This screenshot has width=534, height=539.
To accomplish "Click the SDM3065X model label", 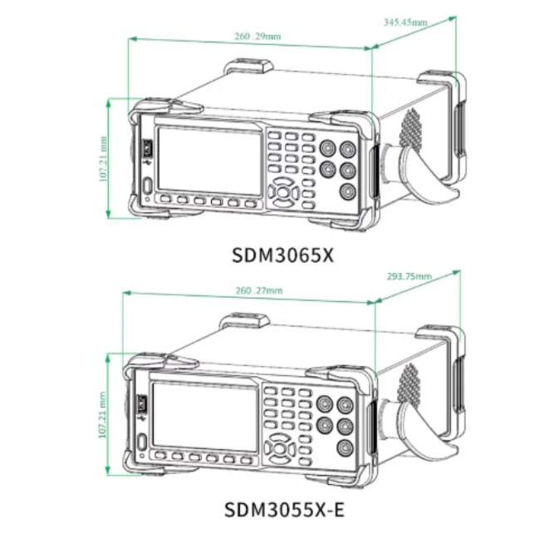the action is point(282,255).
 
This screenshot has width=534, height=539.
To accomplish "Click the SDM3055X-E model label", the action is point(284,509).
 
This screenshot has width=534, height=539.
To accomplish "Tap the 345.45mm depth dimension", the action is point(405,22).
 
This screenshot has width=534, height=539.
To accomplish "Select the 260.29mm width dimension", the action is point(257,36).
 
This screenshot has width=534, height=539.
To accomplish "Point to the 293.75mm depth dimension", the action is point(409,276).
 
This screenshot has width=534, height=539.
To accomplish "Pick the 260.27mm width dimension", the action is point(259,291).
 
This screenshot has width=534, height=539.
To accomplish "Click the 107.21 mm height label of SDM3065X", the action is point(103,159).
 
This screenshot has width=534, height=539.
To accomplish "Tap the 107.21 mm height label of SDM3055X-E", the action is point(102,415).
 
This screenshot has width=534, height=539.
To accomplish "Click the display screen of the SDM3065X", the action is point(208,161).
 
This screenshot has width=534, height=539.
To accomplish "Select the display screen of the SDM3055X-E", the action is point(204,417).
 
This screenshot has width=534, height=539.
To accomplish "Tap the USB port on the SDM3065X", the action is point(148,148).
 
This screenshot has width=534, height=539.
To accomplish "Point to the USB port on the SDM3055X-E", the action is point(142,403).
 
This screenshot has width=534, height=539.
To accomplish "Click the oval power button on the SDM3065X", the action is point(148,186).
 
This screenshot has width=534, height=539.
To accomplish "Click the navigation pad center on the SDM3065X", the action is point(283,192).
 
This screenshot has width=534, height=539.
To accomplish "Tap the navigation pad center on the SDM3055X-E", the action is point(279,448).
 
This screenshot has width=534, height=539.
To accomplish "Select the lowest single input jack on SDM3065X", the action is point(348,191).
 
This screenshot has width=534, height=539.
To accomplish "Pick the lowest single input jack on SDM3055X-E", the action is point(345,448).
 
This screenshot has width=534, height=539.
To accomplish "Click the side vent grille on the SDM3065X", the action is point(410,129).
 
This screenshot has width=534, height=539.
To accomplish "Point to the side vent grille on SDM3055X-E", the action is point(408,383).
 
